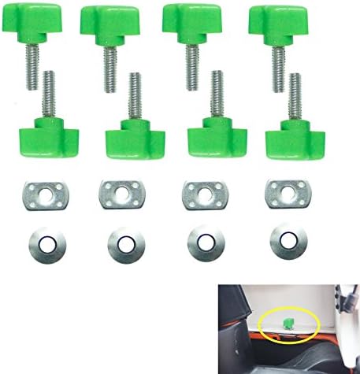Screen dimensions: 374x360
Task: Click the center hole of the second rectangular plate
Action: (120, 191)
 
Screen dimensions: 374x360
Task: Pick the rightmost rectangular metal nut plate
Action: (284, 191)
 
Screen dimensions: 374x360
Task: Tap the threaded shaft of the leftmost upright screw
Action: (50, 94)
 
